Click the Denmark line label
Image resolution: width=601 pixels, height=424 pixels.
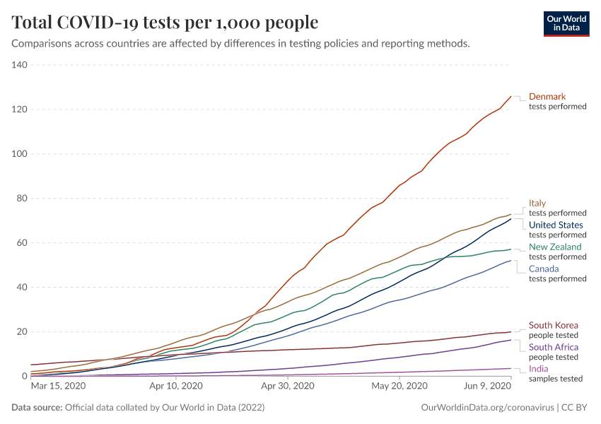point(547,96)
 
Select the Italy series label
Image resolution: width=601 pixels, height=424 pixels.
point(537,203)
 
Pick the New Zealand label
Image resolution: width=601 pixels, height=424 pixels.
point(555,247)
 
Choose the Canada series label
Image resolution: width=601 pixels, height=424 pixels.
point(544,269)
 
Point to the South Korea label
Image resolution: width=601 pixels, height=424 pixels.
point(554,326)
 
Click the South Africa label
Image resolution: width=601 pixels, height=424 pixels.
point(554,347)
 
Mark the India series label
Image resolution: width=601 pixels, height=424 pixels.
point(539,369)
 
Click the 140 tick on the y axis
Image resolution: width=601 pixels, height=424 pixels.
point(19,65)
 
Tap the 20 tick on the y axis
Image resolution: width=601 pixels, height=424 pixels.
point(21,331)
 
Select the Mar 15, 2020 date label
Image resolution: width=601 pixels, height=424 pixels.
point(58,386)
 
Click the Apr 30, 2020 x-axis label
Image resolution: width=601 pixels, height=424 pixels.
point(287,386)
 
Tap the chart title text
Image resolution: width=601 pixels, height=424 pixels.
point(165,23)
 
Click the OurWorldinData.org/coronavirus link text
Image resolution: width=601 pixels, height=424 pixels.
point(486,408)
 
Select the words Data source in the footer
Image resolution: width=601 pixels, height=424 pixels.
point(37,408)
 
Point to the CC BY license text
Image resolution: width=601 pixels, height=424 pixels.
point(576,408)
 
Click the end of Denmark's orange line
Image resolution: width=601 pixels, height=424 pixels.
point(510,97)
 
